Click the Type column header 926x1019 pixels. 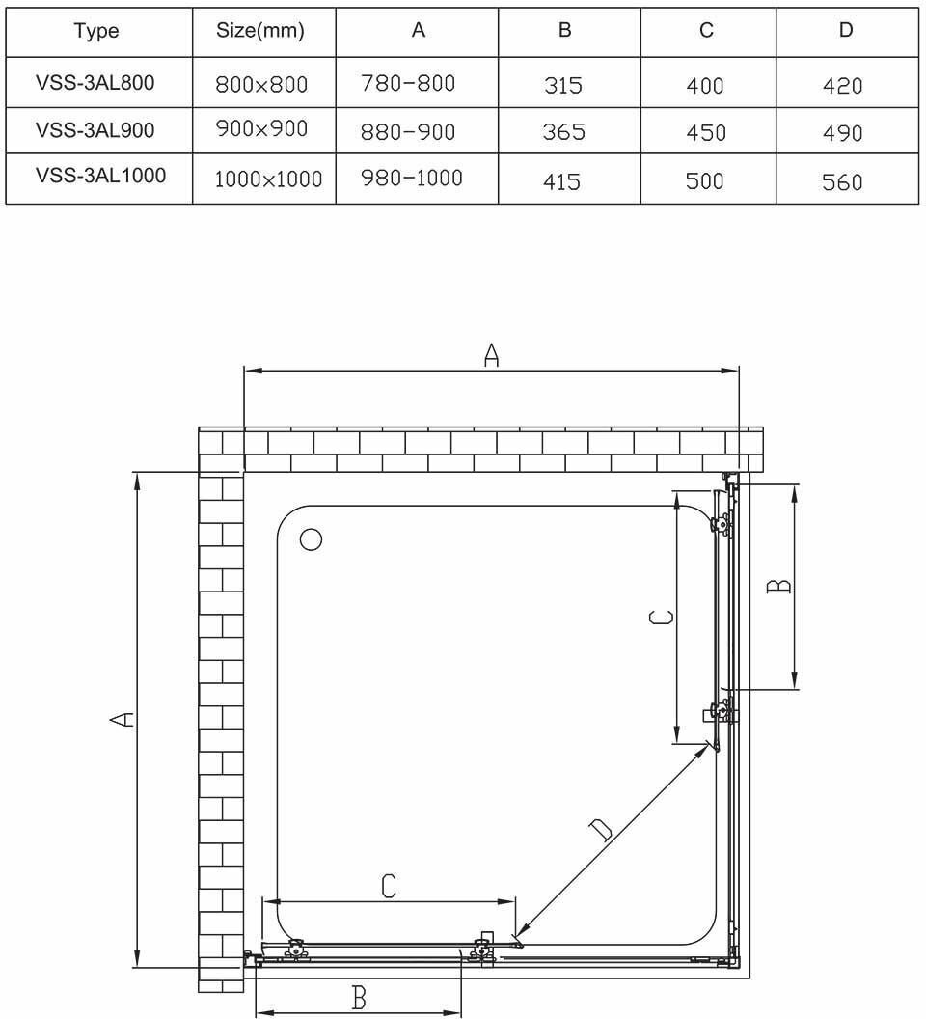(x=96, y=31)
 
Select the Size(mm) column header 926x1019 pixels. (x=260, y=31)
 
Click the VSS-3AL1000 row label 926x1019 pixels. (x=100, y=176)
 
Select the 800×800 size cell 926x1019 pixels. (x=262, y=85)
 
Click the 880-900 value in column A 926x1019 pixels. (x=408, y=131)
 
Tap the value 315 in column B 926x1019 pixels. (x=563, y=86)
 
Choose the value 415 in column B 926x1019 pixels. (x=562, y=180)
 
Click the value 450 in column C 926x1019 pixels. (x=706, y=132)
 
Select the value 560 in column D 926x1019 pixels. (x=842, y=181)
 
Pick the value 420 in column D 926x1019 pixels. (x=843, y=86)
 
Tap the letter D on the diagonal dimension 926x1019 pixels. (x=600, y=829)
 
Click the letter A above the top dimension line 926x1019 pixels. (x=491, y=356)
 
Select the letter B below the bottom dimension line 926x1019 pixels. (x=359, y=998)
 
